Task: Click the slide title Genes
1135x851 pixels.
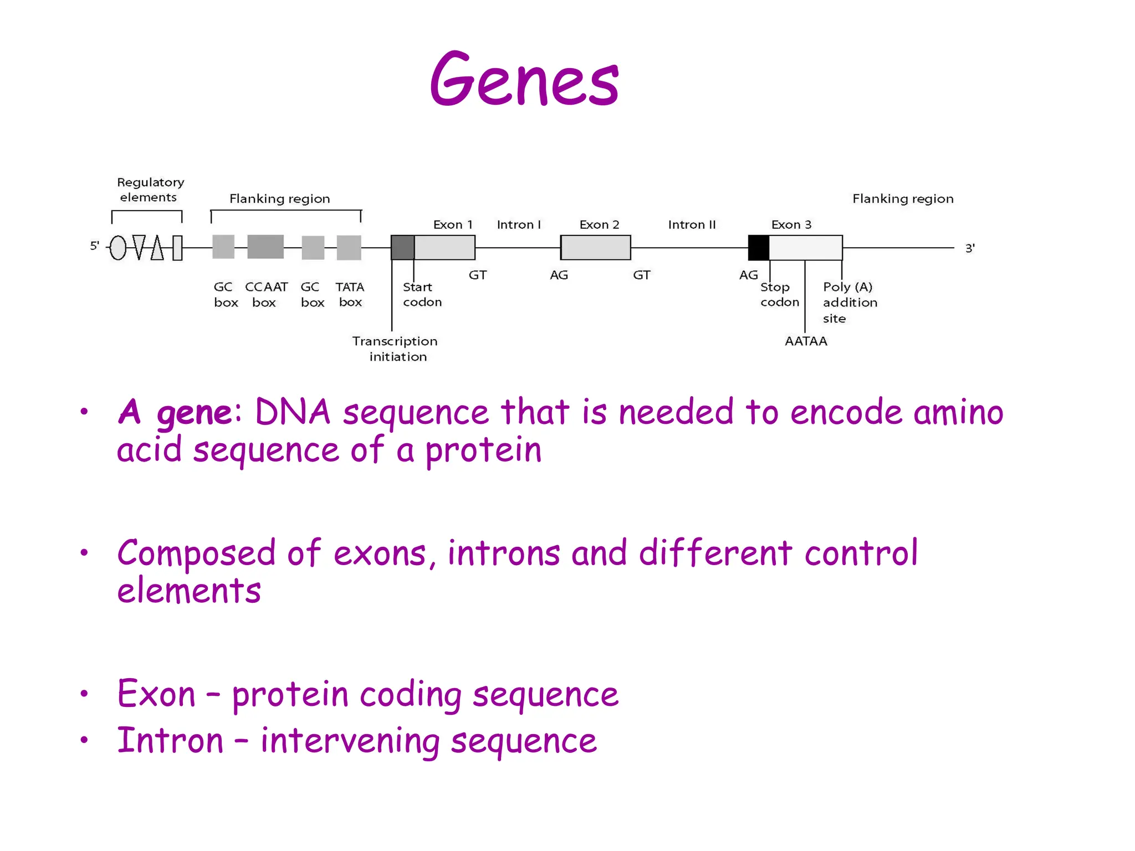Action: (524, 80)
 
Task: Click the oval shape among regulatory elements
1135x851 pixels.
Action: (118, 248)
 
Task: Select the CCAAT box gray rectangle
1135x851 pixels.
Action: (265, 247)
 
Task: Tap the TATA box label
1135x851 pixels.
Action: (350, 294)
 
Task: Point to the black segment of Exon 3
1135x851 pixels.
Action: (759, 248)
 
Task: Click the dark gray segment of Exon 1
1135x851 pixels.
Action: (403, 248)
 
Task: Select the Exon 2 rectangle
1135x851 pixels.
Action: (596, 248)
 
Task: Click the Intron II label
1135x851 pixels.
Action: (692, 224)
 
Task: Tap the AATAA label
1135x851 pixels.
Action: (806, 341)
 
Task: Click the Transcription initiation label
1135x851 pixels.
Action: (395, 348)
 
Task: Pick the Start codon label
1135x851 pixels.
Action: (421, 294)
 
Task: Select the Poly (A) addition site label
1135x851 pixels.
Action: (850, 302)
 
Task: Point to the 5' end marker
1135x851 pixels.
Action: (95, 245)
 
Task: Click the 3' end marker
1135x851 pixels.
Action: (970, 248)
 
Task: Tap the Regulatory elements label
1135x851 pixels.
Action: (150, 189)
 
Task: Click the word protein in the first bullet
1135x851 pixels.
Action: (483, 450)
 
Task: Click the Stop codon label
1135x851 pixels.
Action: (779, 294)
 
